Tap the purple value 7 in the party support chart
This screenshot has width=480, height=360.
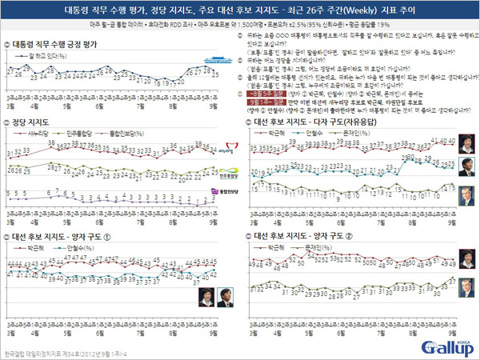coord(49,192)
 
